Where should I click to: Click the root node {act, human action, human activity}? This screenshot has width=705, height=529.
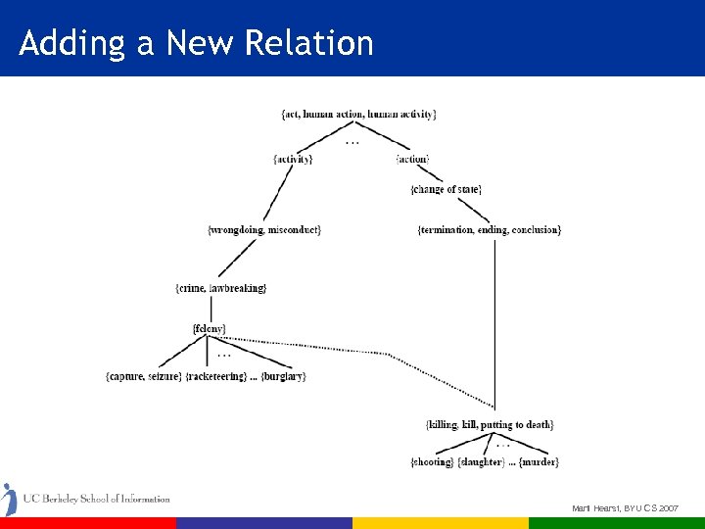click(x=358, y=114)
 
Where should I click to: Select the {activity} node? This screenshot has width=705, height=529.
click(x=293, y=159)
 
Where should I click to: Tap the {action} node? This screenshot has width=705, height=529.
click(x=412, y=159)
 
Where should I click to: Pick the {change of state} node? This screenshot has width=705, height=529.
click(x=446, y=189)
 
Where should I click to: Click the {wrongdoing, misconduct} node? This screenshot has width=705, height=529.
click(x=264, y=229)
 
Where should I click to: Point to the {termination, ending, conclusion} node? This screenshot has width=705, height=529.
click(x=489, y=229)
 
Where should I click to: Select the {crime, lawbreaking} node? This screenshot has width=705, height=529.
click(x=220, y=288)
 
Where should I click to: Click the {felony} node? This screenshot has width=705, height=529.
click(x=210, y=327)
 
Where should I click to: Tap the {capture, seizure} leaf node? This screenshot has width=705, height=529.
click(x=142, y=376)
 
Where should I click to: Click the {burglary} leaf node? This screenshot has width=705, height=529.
click(x=283, y=376)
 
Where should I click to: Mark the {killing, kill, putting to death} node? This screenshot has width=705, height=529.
click(x=490, y=424)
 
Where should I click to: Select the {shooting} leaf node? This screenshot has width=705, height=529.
click(x=432, y=461)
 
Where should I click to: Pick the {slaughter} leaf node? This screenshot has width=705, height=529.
click(x=482, y=461)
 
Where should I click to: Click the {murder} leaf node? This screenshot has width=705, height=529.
click(x=539, y=461)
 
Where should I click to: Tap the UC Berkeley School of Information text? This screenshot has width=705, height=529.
click(x=96, y=499)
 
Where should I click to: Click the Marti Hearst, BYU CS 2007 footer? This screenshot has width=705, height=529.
click(x=625, y=508)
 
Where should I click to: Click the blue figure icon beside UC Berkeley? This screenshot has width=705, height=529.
click(x=9, y=499)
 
